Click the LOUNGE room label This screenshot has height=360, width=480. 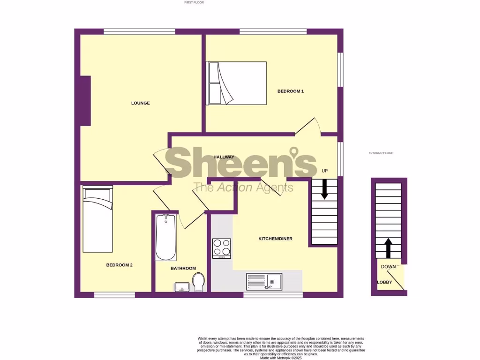pos(140,103)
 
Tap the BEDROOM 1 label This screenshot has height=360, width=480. pos(291,91)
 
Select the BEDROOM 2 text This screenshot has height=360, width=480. pos(119,265)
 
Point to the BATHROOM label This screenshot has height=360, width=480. pos(183,268)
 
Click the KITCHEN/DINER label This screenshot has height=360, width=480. pos(276,239)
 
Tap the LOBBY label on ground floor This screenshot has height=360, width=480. pos(384,282)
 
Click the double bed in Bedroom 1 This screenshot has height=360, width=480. pos(236,83)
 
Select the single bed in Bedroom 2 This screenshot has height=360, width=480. pos(98,219)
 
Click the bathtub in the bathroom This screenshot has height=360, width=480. pos(165,237)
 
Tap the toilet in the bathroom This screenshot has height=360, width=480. pos(199,282)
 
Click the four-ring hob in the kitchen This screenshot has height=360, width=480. pos(222,248)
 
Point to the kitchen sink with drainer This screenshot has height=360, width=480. pos(264,282)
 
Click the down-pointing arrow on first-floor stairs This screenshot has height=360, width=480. pos(324,189)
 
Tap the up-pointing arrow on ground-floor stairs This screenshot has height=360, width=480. pos(388,247)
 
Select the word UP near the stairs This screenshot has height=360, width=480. pos(324,171)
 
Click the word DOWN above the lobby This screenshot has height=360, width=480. pos(388,267)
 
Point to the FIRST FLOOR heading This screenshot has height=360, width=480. pos(194,2)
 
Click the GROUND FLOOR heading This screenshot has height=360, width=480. pos(381,153)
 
